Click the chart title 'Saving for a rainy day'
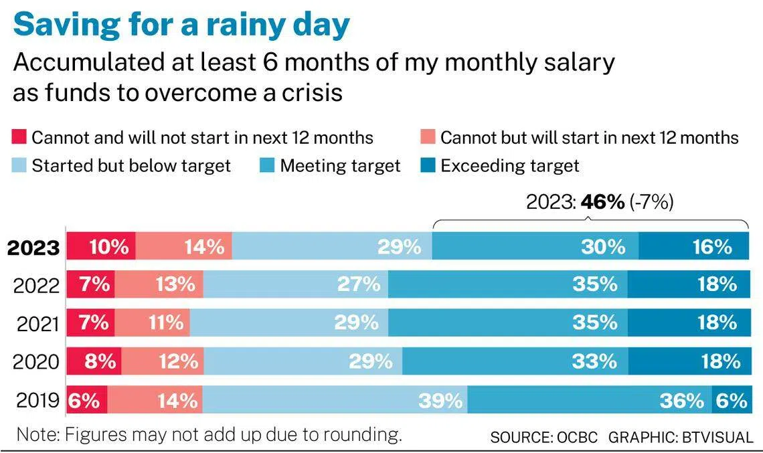pyautogui.click(x=181, y=25)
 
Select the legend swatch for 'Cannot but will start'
pyautogui.click(x=427, y=138)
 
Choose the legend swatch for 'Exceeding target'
pyautogui.click(x=427, y=165)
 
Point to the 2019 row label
pyautogui.click(x=37, y=401)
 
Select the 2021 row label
pyautogui.click(x=37, y=324)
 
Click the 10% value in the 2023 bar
pyautogui.click(x=108, y=247)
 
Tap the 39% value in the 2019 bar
pyautogui.click(x=440, y=401)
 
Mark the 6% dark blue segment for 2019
pyautogui.click(x=730, y=401)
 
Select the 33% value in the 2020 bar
pyautogui.click(x=594, y=362)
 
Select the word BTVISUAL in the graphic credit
pyautogui.click(x=717, y=438)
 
